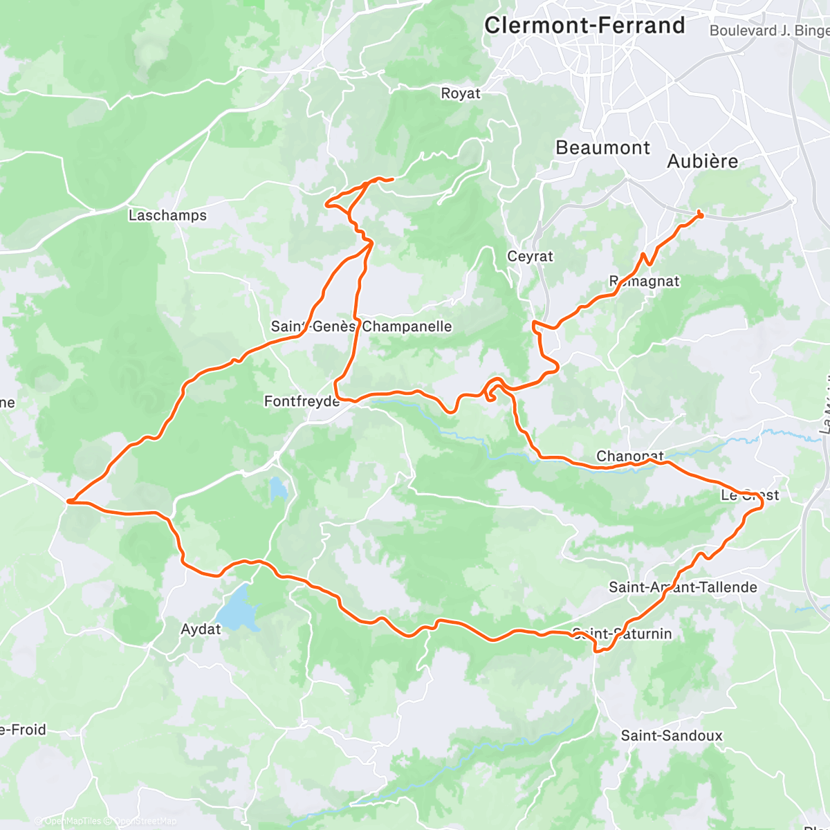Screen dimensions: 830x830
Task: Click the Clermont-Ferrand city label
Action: click(x=584, y=26)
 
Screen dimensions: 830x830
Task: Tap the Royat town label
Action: click(x=461, y=93)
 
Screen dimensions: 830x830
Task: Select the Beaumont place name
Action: click(x=602, y=148)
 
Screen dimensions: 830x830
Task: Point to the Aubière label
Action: click(x=702, y=161)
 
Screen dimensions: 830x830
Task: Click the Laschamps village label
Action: click(x=167, y=215)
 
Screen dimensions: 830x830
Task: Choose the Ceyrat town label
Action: click(x=530, y=257)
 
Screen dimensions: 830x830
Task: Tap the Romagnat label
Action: click(x=644, y=282)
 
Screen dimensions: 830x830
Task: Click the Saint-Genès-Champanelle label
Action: click(x=361, y=326)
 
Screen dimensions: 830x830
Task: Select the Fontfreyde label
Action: click(x=302, y=401)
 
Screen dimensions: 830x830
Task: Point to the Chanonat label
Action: click(x=629, y=456)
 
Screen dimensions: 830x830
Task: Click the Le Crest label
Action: click(x=750, y=495)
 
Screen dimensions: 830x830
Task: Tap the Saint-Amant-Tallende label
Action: click(x=683, y=587)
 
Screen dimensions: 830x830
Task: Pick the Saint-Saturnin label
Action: click(x=622, y=634)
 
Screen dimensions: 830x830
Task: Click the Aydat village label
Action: click(x=201, y=629)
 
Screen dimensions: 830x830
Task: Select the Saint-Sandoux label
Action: click(x=671, y=736)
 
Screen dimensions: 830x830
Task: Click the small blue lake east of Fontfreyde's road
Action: click(x=278, y=490)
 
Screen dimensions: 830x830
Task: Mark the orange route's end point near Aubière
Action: click(x=700, y=214)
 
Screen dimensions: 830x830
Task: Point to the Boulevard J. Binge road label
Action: click(x=768, y=30)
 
